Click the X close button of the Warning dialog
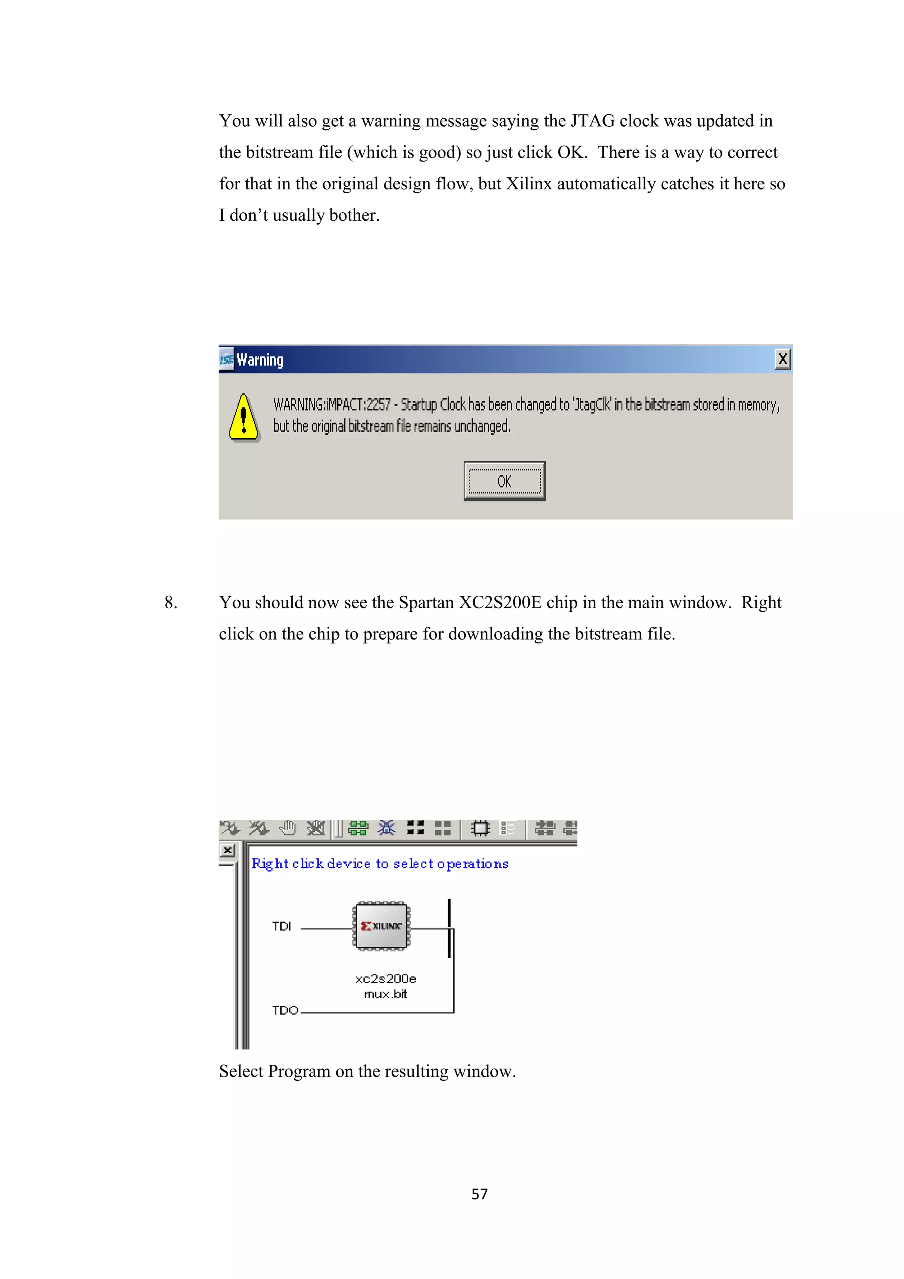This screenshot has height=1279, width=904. point(782,359)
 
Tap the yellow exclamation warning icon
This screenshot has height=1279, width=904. point(243,418)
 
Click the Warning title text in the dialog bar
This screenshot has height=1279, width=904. point(260,360)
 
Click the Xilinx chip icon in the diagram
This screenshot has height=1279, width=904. point(381,926)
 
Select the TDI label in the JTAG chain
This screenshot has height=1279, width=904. point(281,926)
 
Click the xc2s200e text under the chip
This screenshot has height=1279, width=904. point(385,979)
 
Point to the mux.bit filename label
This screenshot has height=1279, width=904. point(385,994)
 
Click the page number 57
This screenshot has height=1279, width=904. point(479,1194)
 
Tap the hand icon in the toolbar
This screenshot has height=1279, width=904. point(287,828)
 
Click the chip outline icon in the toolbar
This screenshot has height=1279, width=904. point(480,828)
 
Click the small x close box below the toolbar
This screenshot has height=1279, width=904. point(228,850)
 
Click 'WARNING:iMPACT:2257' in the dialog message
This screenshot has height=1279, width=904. point(331,404)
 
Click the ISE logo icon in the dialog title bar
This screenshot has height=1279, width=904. point(226,359)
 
